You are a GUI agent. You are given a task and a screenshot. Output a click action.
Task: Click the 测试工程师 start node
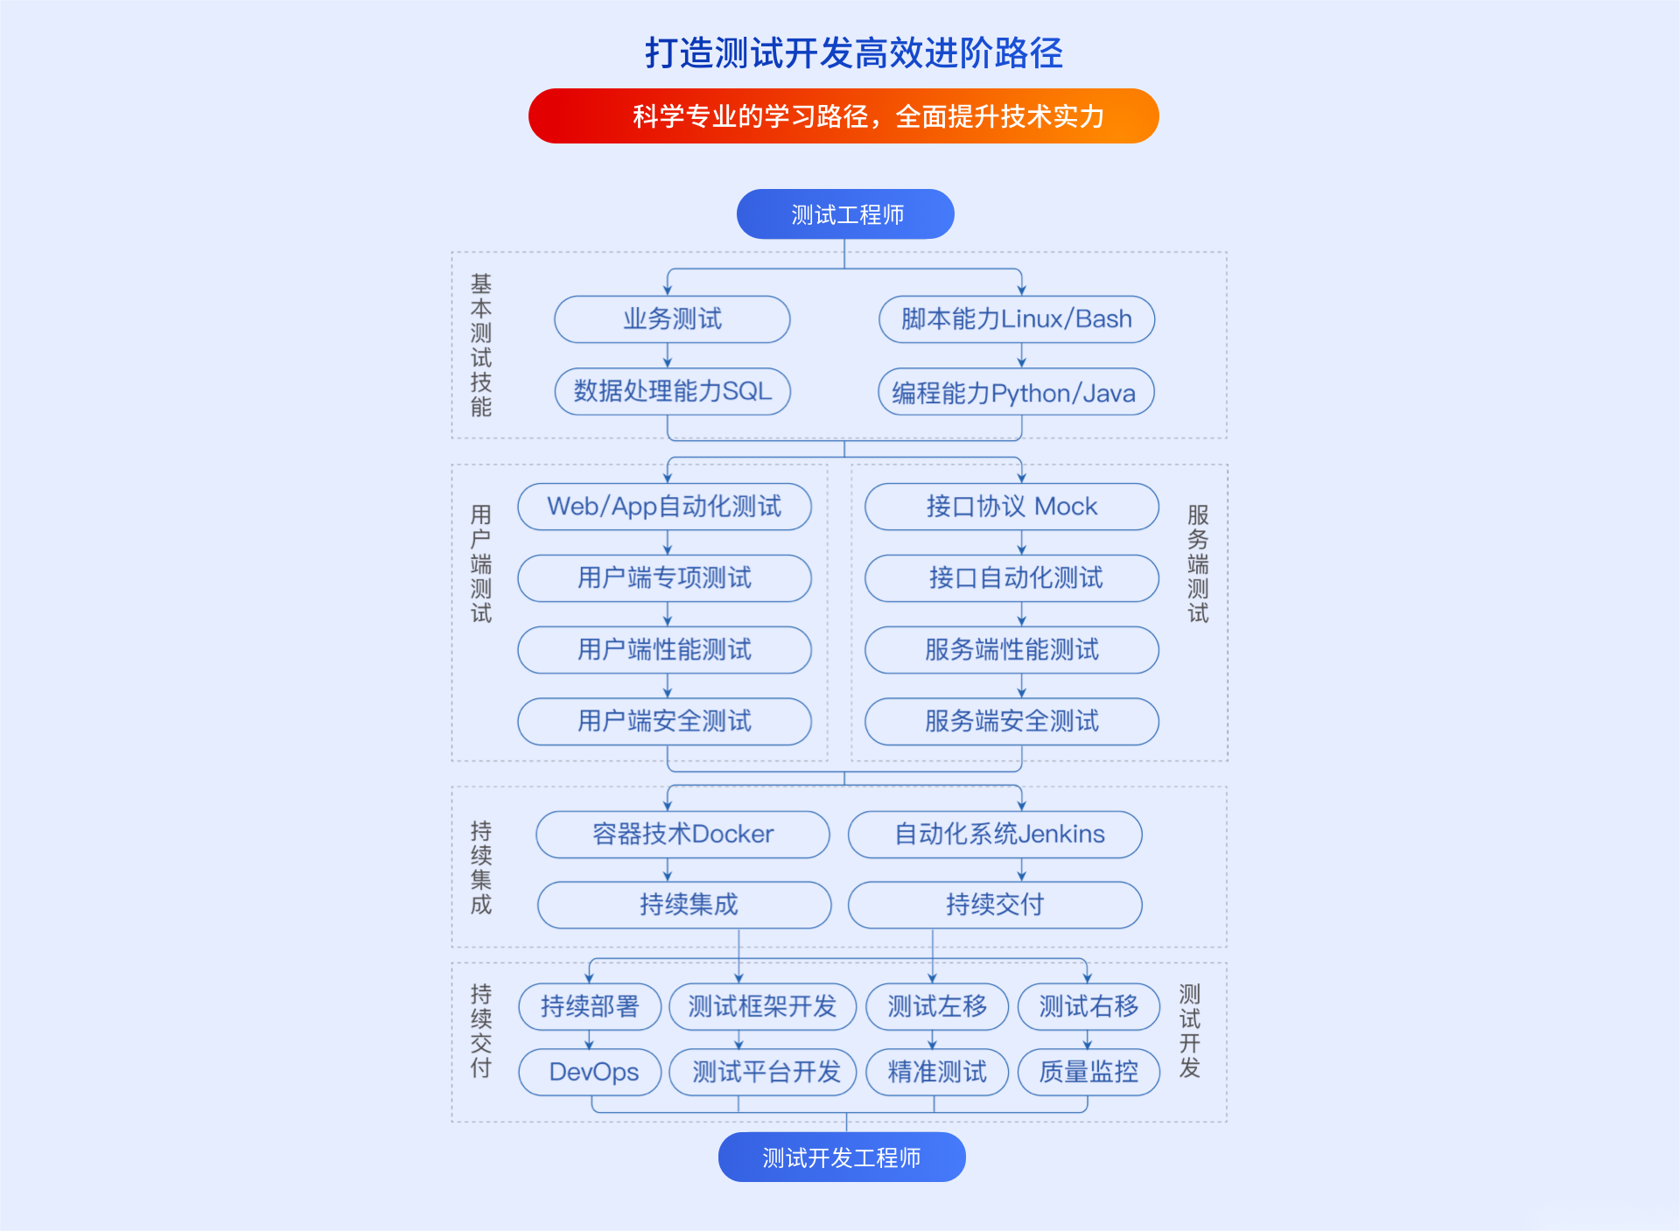pyautogui.click(x=845, y=214)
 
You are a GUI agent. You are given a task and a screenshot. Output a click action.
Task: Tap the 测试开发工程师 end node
pyautogui.click(x=842, y=1158)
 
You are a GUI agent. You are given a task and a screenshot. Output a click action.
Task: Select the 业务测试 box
pyautogui.click(x=672, y=319)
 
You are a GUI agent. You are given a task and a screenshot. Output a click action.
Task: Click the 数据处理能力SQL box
pyautogui.click(x=672, y=391)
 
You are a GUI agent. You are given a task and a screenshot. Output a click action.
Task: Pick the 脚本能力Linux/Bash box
pyautogui.click(x=1017, y=319)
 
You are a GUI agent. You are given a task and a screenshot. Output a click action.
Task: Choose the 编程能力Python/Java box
pyautogui.click(x=1016, y=392)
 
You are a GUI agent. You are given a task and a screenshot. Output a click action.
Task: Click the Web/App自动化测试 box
pyautogui.click(x=665, y=507)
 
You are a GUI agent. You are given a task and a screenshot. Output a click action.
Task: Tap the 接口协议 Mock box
pyautogui.click(x=1012, y=507)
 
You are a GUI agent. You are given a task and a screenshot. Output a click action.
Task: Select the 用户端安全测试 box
pyautogui.click(x=665, y=721)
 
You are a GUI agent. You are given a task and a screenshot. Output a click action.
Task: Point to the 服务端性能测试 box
pyautogui.click(x=1012, y=649)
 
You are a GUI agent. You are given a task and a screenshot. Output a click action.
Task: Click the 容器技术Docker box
pyautogui.click(x=683, y=834)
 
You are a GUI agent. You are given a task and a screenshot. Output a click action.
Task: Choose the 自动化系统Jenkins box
pyautogui.click(x=996, y=834)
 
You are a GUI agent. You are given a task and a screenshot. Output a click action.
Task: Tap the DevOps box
pyautogui.click(x=590, y=1072)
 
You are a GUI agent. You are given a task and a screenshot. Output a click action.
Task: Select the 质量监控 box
pyautogui.click(x=1089, y=1072)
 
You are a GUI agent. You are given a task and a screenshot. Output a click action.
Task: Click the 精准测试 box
pyautogui.click(x=937, y=1072)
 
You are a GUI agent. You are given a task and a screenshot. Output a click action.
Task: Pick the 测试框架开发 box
pyautogui.click(x=763, y=1007)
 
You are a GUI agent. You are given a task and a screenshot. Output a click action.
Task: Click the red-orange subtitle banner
pyautogui.click(x=843, y=115)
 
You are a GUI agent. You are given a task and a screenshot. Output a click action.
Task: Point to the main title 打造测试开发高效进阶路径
pyautogui.click(x=854, y=52)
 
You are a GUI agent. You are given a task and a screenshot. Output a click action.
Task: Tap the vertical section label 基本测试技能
pyautogui.click(x=481, y=346)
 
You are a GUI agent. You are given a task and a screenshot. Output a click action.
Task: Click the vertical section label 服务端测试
pyautogui.click(x=1198, y=563)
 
